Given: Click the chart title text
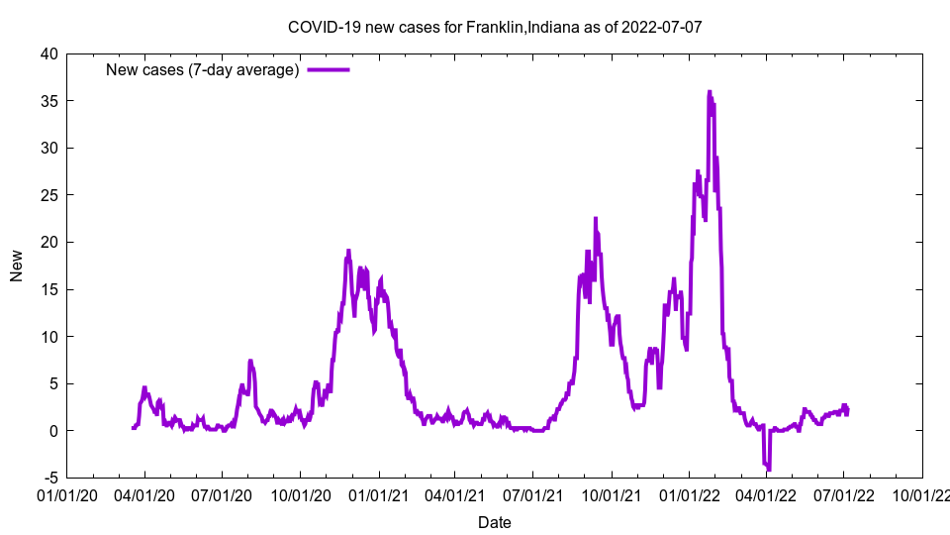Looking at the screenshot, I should pos(494,27).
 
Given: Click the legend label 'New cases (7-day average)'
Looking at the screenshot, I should pos(202,69).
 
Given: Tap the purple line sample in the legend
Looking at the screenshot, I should pos(328,69).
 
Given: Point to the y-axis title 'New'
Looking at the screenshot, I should pos(17,266).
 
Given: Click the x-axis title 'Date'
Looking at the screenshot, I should pos(494,522).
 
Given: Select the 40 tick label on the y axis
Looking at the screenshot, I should pos(48,53).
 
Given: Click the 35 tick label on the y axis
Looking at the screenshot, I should pos(48,101).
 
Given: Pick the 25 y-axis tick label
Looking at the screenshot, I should pos(48,195).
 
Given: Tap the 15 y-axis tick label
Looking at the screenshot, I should pos(48,289).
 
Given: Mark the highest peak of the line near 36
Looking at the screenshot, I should pos(709,92).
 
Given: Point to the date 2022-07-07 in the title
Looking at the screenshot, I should pos(662,27).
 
